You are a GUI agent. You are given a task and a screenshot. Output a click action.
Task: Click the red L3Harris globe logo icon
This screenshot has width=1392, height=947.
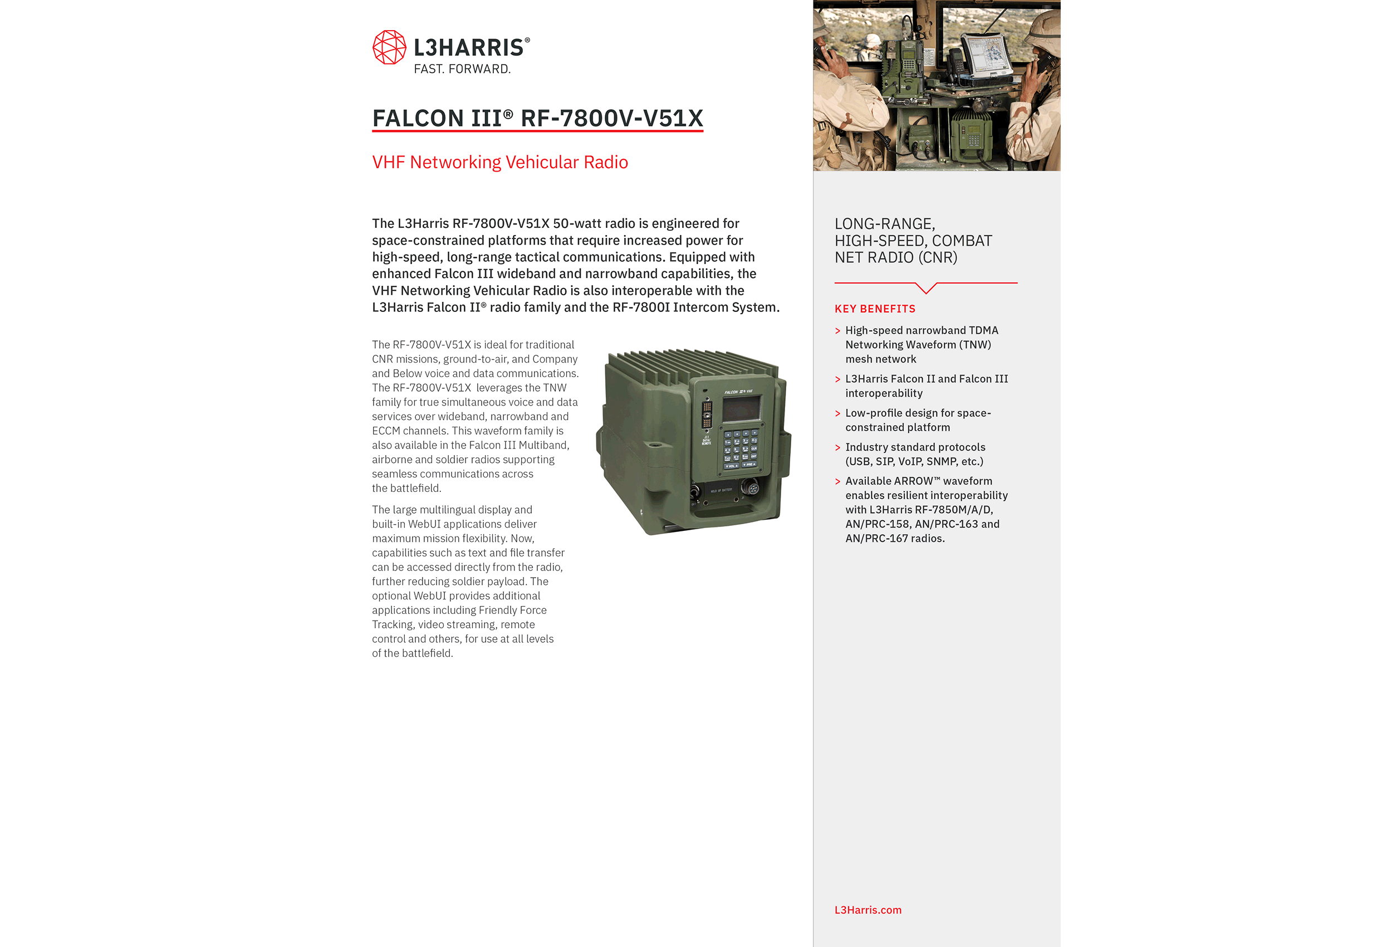point(389,47)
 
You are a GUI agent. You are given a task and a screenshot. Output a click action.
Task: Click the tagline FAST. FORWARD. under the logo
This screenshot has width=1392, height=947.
point(462,69)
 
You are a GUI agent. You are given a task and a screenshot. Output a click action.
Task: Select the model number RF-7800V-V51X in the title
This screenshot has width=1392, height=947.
point(611,118)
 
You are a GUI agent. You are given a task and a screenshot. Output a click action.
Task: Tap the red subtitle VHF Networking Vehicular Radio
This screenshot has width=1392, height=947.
point(499,163)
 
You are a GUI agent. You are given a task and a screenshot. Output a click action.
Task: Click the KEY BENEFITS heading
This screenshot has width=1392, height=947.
point(875,309)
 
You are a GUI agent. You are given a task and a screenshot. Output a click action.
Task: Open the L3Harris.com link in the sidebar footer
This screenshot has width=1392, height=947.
point(867,910)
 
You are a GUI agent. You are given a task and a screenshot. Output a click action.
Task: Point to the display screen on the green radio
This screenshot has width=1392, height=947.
point(742,409)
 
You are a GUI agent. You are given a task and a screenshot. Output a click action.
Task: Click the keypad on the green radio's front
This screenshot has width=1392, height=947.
point(741,448)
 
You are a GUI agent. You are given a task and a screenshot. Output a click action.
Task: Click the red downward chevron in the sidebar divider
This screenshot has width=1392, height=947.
point(926,289)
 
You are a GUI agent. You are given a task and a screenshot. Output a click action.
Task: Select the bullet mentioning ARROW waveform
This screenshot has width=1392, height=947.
point(926,510)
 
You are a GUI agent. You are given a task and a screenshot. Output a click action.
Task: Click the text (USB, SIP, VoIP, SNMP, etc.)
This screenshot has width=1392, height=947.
point(914,461)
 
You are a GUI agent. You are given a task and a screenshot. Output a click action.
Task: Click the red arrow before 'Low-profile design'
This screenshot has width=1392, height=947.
point(838,413)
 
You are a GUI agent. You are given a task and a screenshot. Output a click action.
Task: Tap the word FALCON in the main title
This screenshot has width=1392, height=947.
point(419,118)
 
